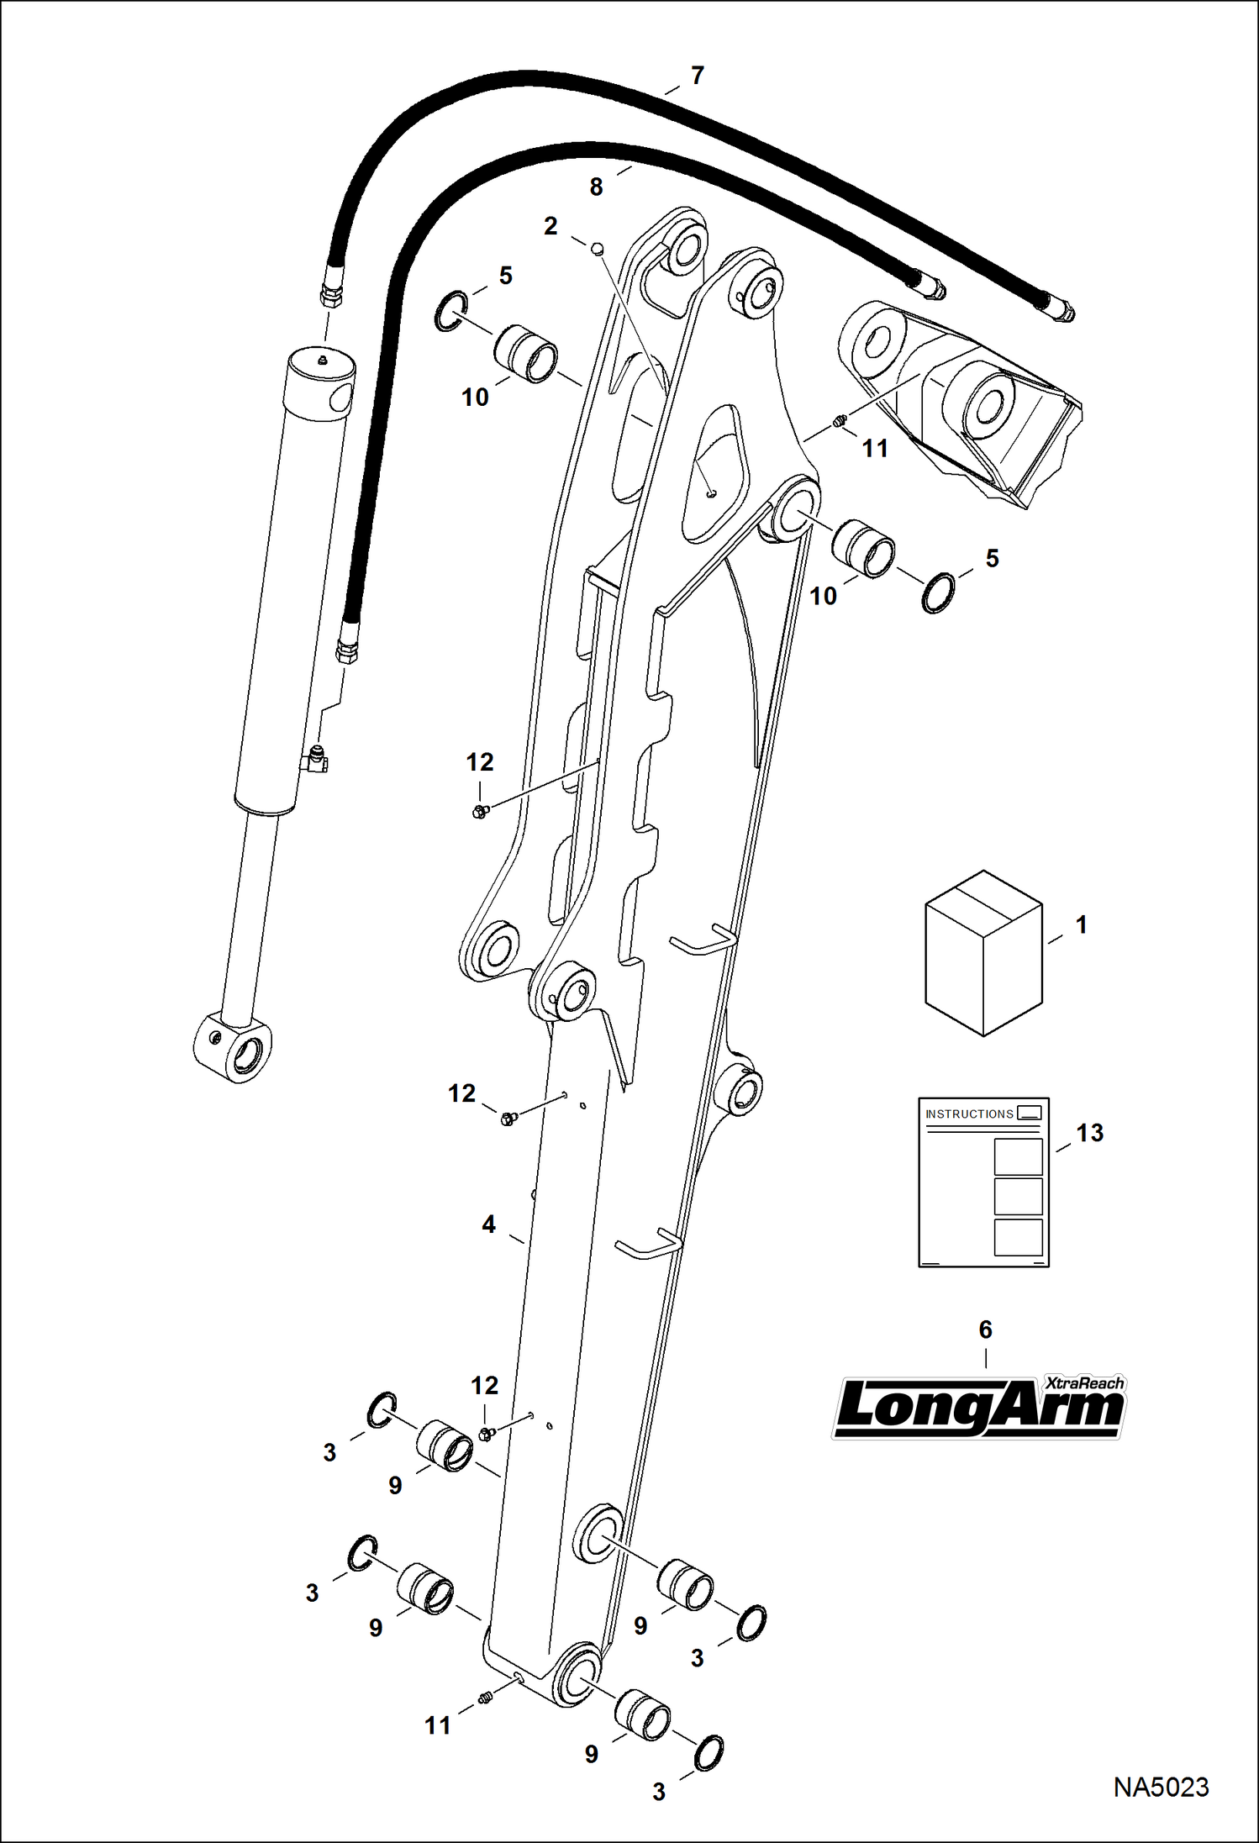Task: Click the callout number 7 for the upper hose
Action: (x=697, y=76)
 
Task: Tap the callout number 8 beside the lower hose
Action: (x=596, y=187)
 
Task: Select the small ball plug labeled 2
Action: (x=598, y=248)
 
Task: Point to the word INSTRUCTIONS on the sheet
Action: (x=969, y=1114)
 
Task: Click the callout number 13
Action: (x=1089, y=1133)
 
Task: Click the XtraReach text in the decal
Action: (x=1083, y=1383)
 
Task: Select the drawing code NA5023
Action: (x=1161, y=1787)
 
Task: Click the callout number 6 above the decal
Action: (x=985, y=1330)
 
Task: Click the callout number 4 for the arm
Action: (x=488, y=1224)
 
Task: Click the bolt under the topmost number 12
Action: (x=480, y=811)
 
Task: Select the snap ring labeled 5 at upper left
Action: (x=450, y=311)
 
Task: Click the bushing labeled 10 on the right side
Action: (x=863, y=549)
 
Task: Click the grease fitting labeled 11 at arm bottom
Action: (x=484, y=1698)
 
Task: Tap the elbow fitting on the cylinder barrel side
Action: (x=317, y=760)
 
